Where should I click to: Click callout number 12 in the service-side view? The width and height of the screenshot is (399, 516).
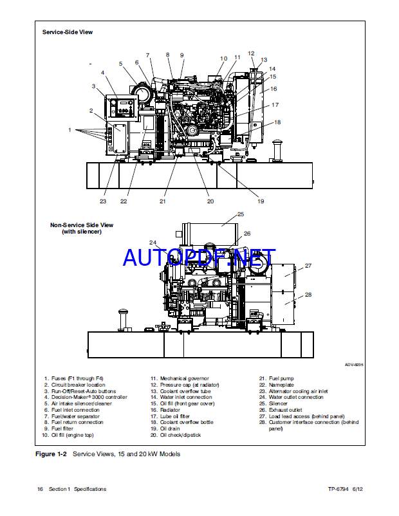251,53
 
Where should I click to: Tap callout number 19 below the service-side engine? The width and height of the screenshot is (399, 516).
261,201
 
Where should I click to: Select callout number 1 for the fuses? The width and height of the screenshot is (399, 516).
70,129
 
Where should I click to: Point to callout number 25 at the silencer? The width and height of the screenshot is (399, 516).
241,214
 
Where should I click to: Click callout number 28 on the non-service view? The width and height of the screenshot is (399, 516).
308,295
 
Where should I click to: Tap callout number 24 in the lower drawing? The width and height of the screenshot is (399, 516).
153,243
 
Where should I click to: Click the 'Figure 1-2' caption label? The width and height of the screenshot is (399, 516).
50,454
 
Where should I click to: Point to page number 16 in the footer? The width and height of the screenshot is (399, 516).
40,489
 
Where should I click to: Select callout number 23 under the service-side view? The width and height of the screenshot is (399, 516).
103,201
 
